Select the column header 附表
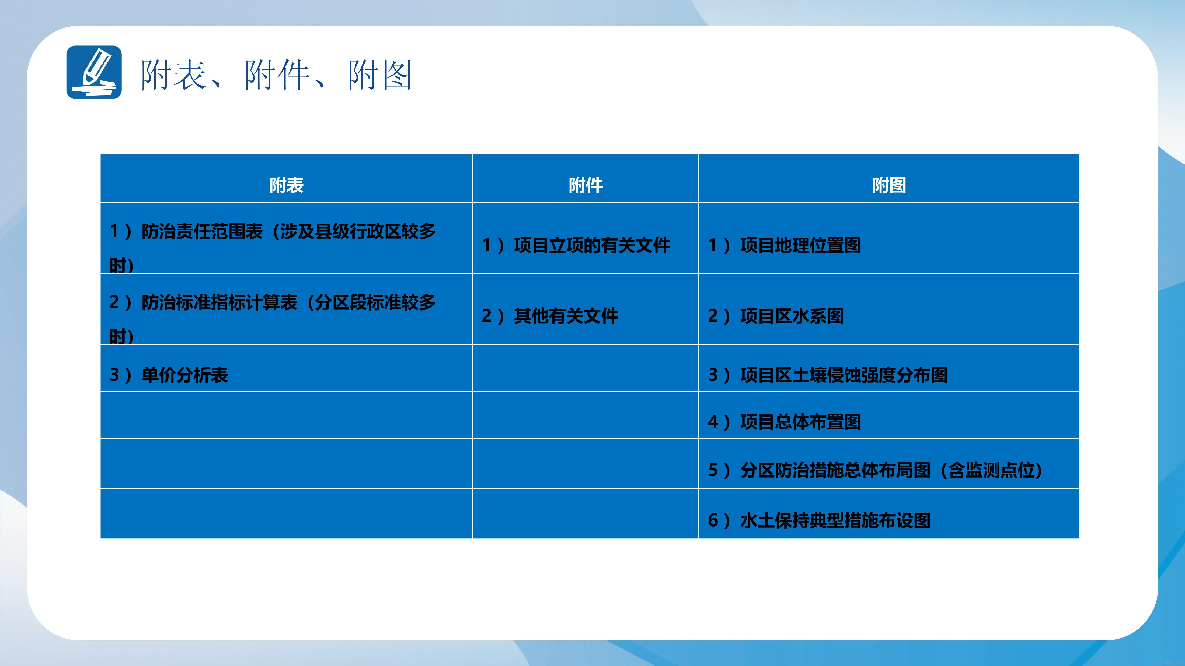[x=287, y=185]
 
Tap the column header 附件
[x=585, y=185]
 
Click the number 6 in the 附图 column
[x=713, y=521]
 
